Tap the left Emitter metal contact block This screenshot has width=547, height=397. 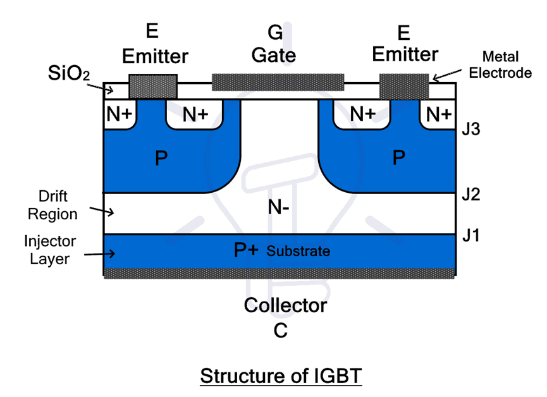click(152, 86)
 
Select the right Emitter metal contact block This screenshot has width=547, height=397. click(404, 85)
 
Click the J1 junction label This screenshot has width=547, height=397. click(471, 236)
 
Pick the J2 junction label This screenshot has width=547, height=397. click(471, 194)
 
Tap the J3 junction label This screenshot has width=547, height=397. click(471, 131)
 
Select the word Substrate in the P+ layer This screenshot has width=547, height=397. click(298, 251)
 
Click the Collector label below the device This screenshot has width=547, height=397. click(286, 306)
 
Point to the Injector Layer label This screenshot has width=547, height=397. click(50, 250)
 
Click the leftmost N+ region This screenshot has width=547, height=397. click(119, 114)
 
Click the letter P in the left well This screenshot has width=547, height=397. click(162, 158)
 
